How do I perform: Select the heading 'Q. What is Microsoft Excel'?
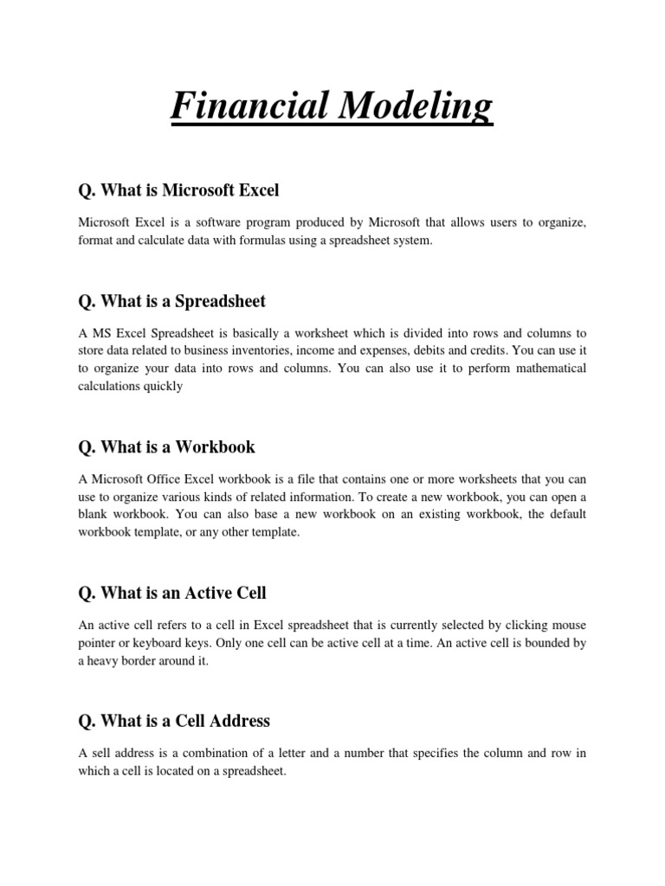[178, 189]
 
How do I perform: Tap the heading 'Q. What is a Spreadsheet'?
[171, 301]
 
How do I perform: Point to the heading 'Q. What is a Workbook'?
[166, 447]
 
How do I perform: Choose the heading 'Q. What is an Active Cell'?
[171, 593]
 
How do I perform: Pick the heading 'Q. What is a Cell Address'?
[173, 721]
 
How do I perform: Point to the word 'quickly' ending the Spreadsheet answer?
[164, 387]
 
